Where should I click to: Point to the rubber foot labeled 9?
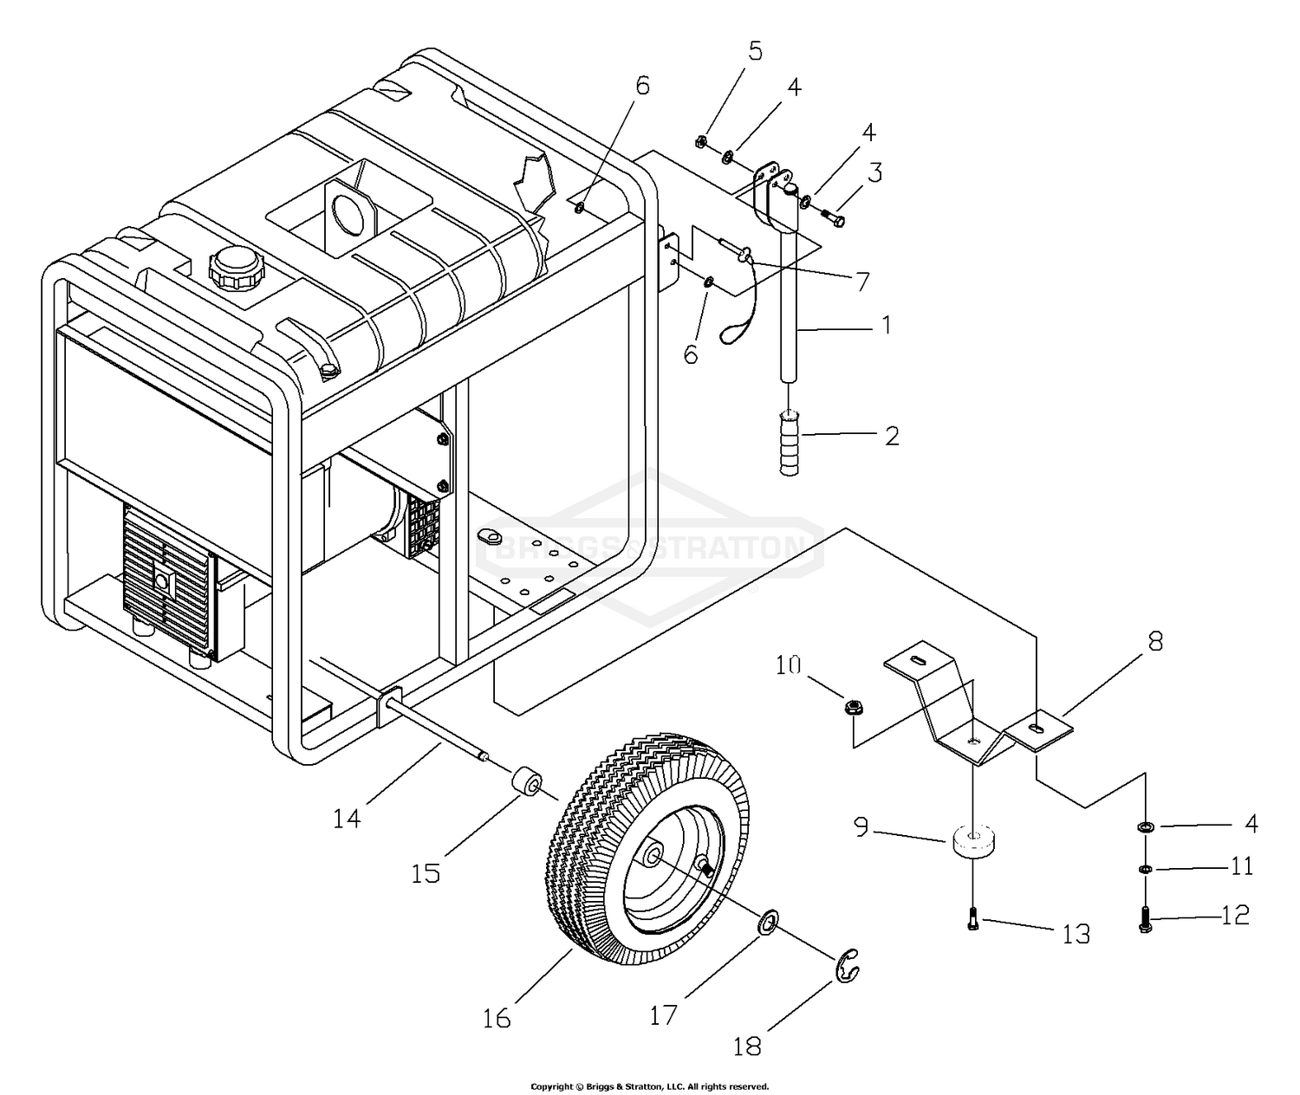pyautogui.click(x=973, y=843)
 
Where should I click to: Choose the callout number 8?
pyautogui.click(x=1155, y=642)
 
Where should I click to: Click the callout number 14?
pyautogui.click(x=347, y=818)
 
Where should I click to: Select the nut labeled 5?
pyautogui.click(x=699, y=143)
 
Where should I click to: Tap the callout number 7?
pyautogui.click(x=862, y=282)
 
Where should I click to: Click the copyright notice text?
pyautogui.click(x=650, y=1086)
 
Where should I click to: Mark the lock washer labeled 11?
pyautogui.click(x=1144, y=869)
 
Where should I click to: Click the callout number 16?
pyautogui.click(x=497, y=1019)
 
